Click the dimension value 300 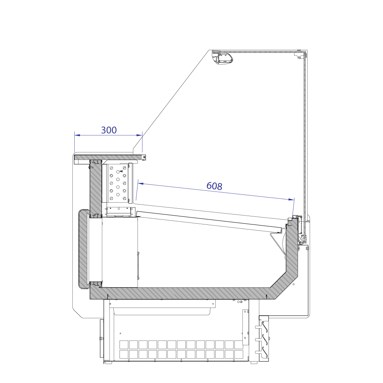pyautogui.click(x=109, y=130)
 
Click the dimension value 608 pyautogui.click(x=214, y=186)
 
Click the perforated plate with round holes pyautogui.click(x=118, y=182)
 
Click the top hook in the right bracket pyautogui.click(x=265, y=327)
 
